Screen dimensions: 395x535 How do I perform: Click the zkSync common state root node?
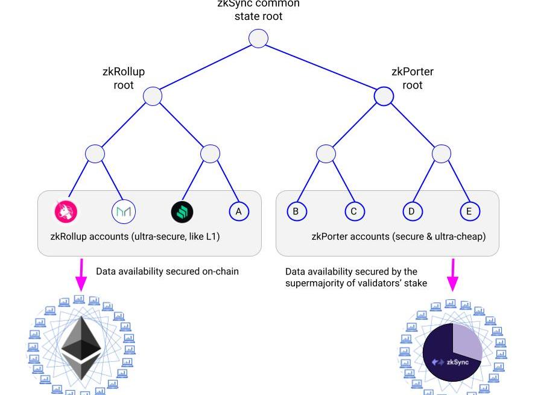click(258, 39)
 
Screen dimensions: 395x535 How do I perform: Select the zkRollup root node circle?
click(153, 96)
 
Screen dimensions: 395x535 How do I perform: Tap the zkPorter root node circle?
click(384, 96)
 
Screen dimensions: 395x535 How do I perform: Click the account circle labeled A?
click(239, 211)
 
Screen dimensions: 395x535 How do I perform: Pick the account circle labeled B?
click(296, 211)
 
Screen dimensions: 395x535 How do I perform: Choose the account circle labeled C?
click(354, 211)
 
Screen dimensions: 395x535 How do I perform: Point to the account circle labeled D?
click(412, 211)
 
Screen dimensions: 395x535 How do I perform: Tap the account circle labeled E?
click(469, 211)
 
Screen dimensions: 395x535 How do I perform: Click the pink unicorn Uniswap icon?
click(66, 211)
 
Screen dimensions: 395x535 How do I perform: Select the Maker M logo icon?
click(124, 211)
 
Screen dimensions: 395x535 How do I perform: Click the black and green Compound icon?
click(182, 211)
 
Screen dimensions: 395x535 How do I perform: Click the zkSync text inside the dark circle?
click(457, 362)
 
